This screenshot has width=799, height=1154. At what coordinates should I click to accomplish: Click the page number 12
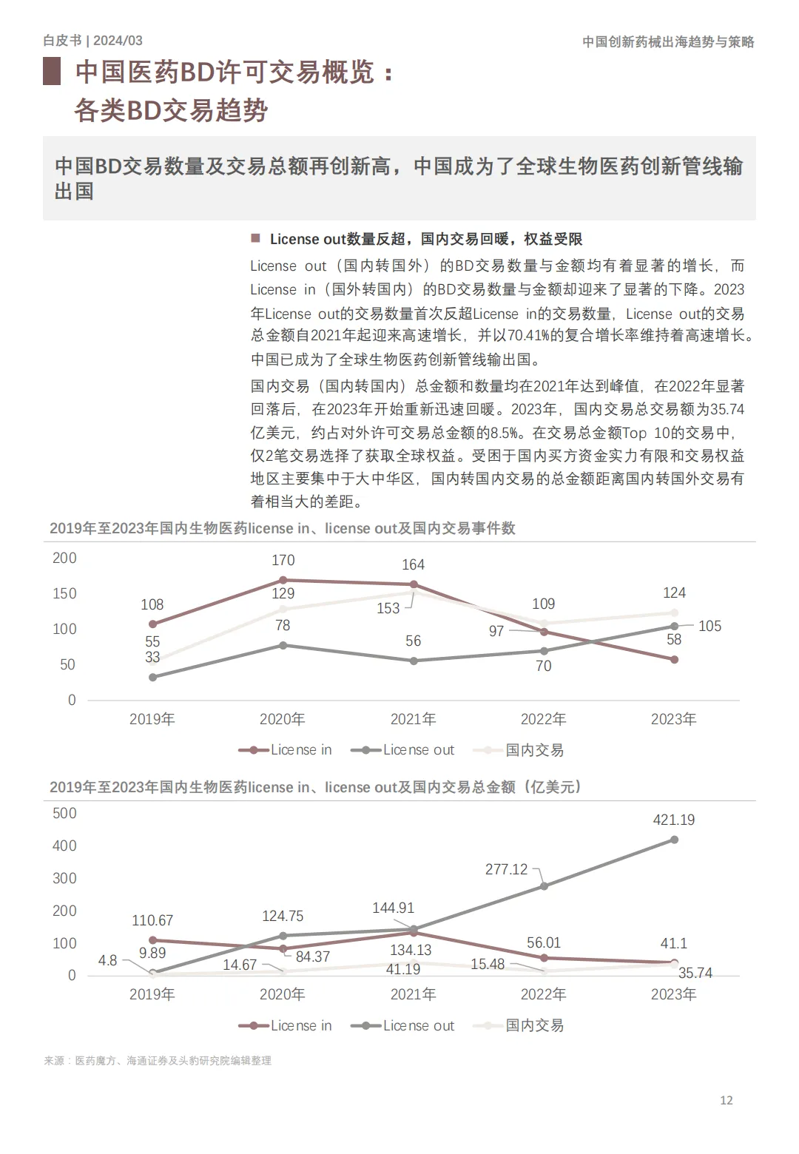tap(726, 1100)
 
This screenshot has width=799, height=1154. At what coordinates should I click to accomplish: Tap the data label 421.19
tap(673, 820)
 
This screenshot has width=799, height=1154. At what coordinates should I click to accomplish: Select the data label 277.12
tap(506, 869)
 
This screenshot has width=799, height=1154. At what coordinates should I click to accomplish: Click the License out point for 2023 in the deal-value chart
tap(674, 840)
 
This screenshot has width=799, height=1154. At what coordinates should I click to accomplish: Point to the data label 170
tap(283, 560)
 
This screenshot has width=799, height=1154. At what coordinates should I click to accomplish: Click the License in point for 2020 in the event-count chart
tap(283, 580)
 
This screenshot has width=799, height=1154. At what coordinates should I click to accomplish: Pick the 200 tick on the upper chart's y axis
tap(64, 559)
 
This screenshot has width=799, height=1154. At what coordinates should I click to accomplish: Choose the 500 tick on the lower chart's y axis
tap(64, 813)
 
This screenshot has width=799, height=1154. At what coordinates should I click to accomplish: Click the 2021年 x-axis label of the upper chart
tap(413, 719)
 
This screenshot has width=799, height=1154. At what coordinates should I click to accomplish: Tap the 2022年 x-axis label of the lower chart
tap(543, 994)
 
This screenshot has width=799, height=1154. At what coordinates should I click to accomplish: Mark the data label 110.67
tap(152, 920)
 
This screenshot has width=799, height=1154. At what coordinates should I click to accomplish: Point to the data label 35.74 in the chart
tap(695, 973)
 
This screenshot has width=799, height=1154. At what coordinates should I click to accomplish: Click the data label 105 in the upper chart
tap(709, 626)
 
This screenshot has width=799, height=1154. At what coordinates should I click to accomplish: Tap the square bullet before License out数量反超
tap(256, 238)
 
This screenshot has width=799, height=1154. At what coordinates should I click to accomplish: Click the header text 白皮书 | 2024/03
tap(92, 41)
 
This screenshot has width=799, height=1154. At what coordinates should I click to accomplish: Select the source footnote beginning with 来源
tap(158, 1060)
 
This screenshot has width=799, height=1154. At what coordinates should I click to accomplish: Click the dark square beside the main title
tap(52, 72)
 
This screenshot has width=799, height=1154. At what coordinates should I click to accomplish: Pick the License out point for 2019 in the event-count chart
tap(152, 677)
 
